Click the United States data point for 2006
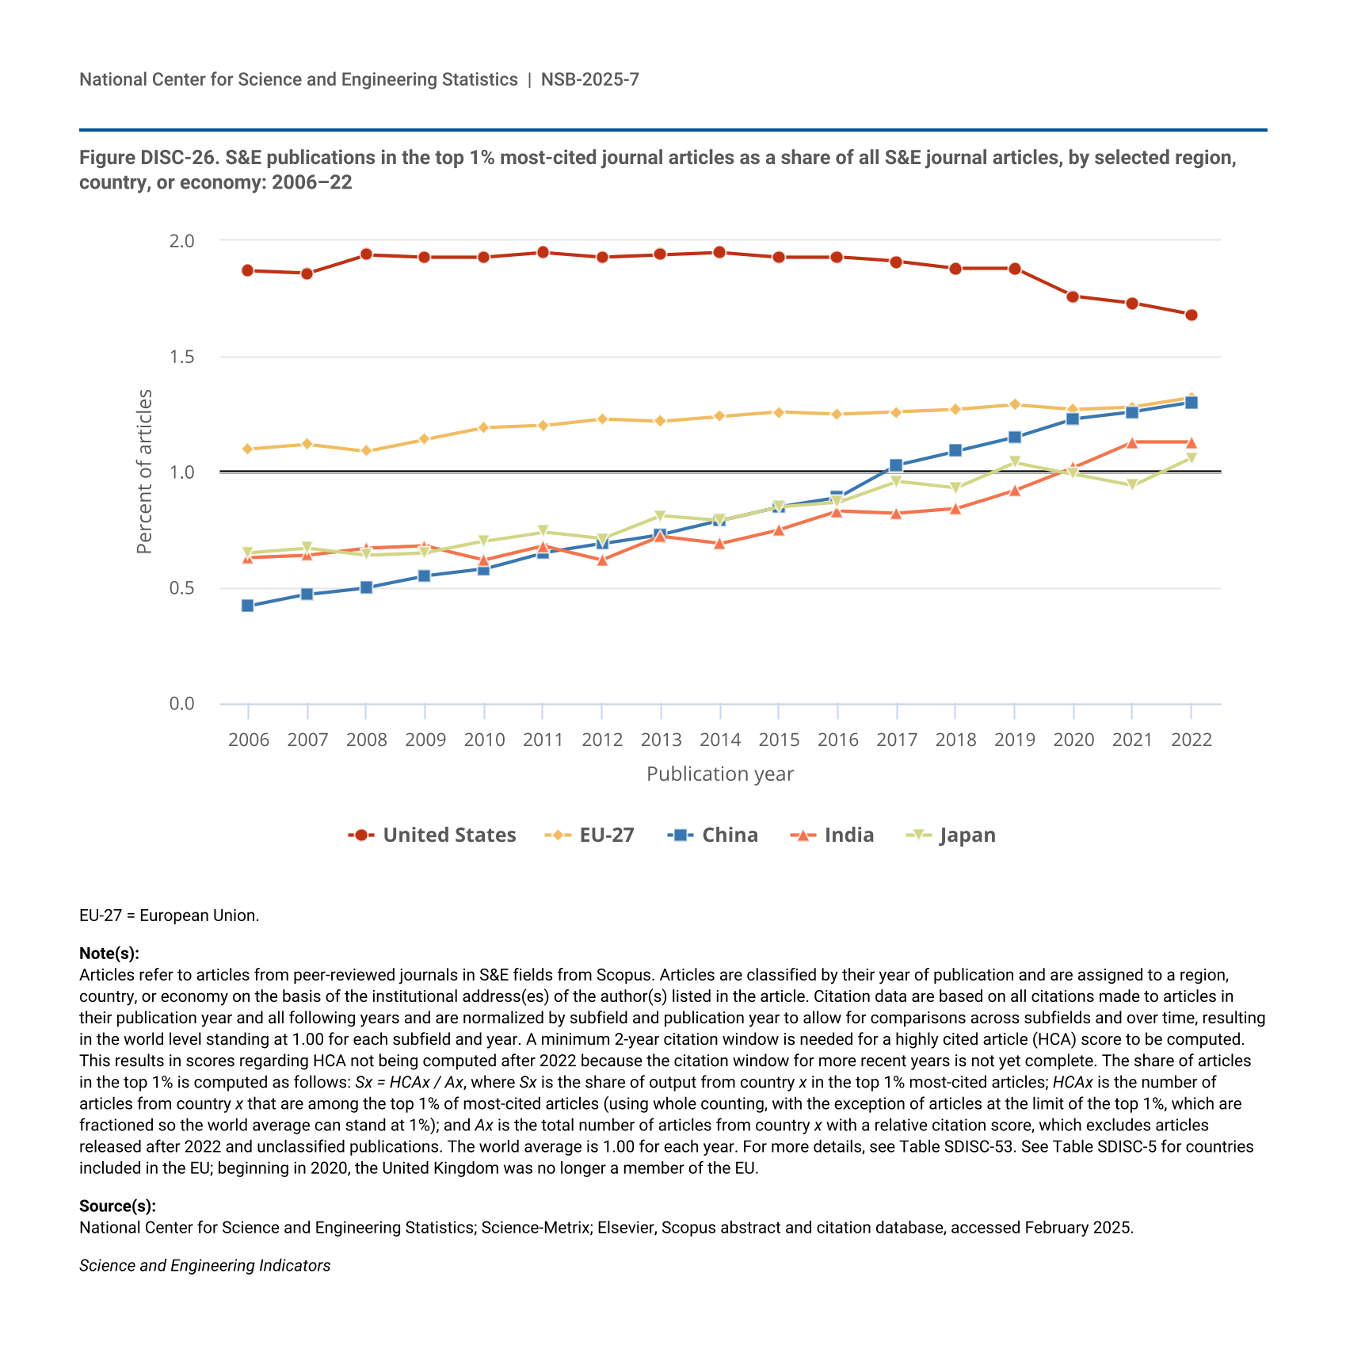point(247,270)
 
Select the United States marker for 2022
point(1191,315)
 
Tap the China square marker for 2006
point(247,606)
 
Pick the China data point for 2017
point(896,465)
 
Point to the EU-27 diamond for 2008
point(366,450)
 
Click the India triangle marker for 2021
point(1132,442)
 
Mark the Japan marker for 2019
point(1014,463)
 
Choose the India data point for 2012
point(602,560)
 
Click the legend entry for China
point(713,835)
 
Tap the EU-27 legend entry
point(590,835)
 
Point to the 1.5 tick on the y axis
point(181,357)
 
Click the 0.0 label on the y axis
point(181,704)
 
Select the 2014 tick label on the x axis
point(720,740)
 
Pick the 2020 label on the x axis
point(1073,740)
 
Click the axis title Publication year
point(720,774)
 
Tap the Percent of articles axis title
point(144,472)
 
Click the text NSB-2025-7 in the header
point(590,79)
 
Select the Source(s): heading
point(117,1206)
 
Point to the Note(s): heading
point(109,953)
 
